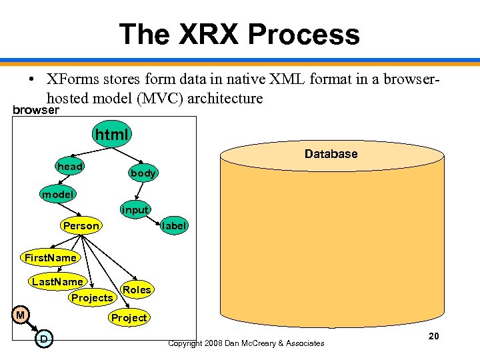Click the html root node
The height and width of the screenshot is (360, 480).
tap(111, 135)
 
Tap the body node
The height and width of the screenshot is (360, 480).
tap(143, 173)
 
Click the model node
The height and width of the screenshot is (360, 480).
tap(58, 195)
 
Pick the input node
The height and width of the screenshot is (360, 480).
tap(135, 210)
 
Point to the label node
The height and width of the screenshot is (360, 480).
tap(174, 226)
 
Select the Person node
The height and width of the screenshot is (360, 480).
tap(81, 226)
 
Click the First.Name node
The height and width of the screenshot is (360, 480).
tap(51, 257)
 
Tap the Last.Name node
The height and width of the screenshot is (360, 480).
tap(58, 282)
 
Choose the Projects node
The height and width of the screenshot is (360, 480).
tap(92, 298)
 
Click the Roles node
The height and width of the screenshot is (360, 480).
tap(137, 290)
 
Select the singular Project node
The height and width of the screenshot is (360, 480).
tap(129, 318)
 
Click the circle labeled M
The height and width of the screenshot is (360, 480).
tap(21, 315)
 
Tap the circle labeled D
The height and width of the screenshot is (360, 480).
tap(43, 340)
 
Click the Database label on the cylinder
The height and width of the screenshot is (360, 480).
tap(331, 154)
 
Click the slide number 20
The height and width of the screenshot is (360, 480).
tap(433, 336)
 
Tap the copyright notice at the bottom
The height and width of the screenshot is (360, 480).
tap(246, 343)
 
